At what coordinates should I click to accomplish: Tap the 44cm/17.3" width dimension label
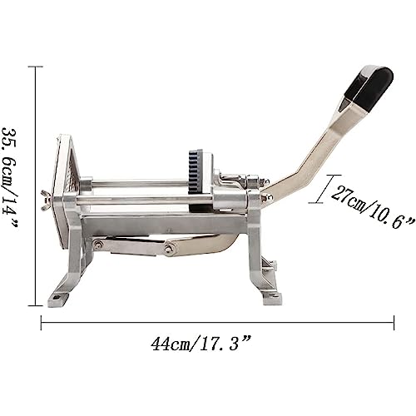point(201,344)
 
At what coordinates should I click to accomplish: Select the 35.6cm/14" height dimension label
point(10,178)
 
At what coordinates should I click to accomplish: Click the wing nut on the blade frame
point(46,201)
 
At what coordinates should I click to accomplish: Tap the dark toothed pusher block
point(195,173)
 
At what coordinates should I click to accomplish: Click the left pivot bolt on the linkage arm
point(97,244)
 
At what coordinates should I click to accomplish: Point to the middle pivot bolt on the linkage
point(168,248)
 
